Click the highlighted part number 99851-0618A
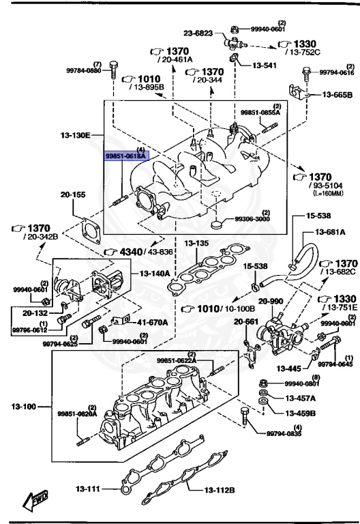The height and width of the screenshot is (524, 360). (x=125, y=156)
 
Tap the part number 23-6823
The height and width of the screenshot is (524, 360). (x=198, y=32)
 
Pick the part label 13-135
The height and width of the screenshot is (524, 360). (x=195, y=242)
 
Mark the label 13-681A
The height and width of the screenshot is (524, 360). (x=330, y=233)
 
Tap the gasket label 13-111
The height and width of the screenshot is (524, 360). (x=88, y=488)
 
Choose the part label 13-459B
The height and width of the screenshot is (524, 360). (x=301, y=412)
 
